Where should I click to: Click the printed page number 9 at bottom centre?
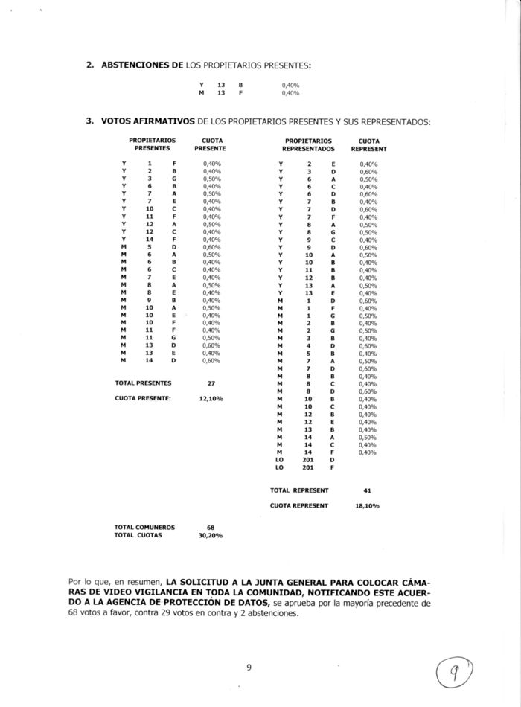249,667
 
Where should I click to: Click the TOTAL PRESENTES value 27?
211,383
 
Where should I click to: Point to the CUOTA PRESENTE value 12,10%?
211,398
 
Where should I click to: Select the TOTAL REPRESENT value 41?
367,490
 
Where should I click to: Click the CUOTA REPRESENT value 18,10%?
367,505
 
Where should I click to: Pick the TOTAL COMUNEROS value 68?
211,528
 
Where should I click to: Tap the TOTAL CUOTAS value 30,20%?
211,535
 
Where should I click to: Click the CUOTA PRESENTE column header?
210,144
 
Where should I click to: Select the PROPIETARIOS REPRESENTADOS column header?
308,144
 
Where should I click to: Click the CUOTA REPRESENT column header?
368,144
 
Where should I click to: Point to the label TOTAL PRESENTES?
143,383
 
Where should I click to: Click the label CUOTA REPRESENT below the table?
298,505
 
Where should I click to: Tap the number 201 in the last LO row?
308,467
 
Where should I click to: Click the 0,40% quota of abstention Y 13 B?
290,86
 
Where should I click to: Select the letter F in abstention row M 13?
240,93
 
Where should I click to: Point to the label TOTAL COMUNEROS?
144,528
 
